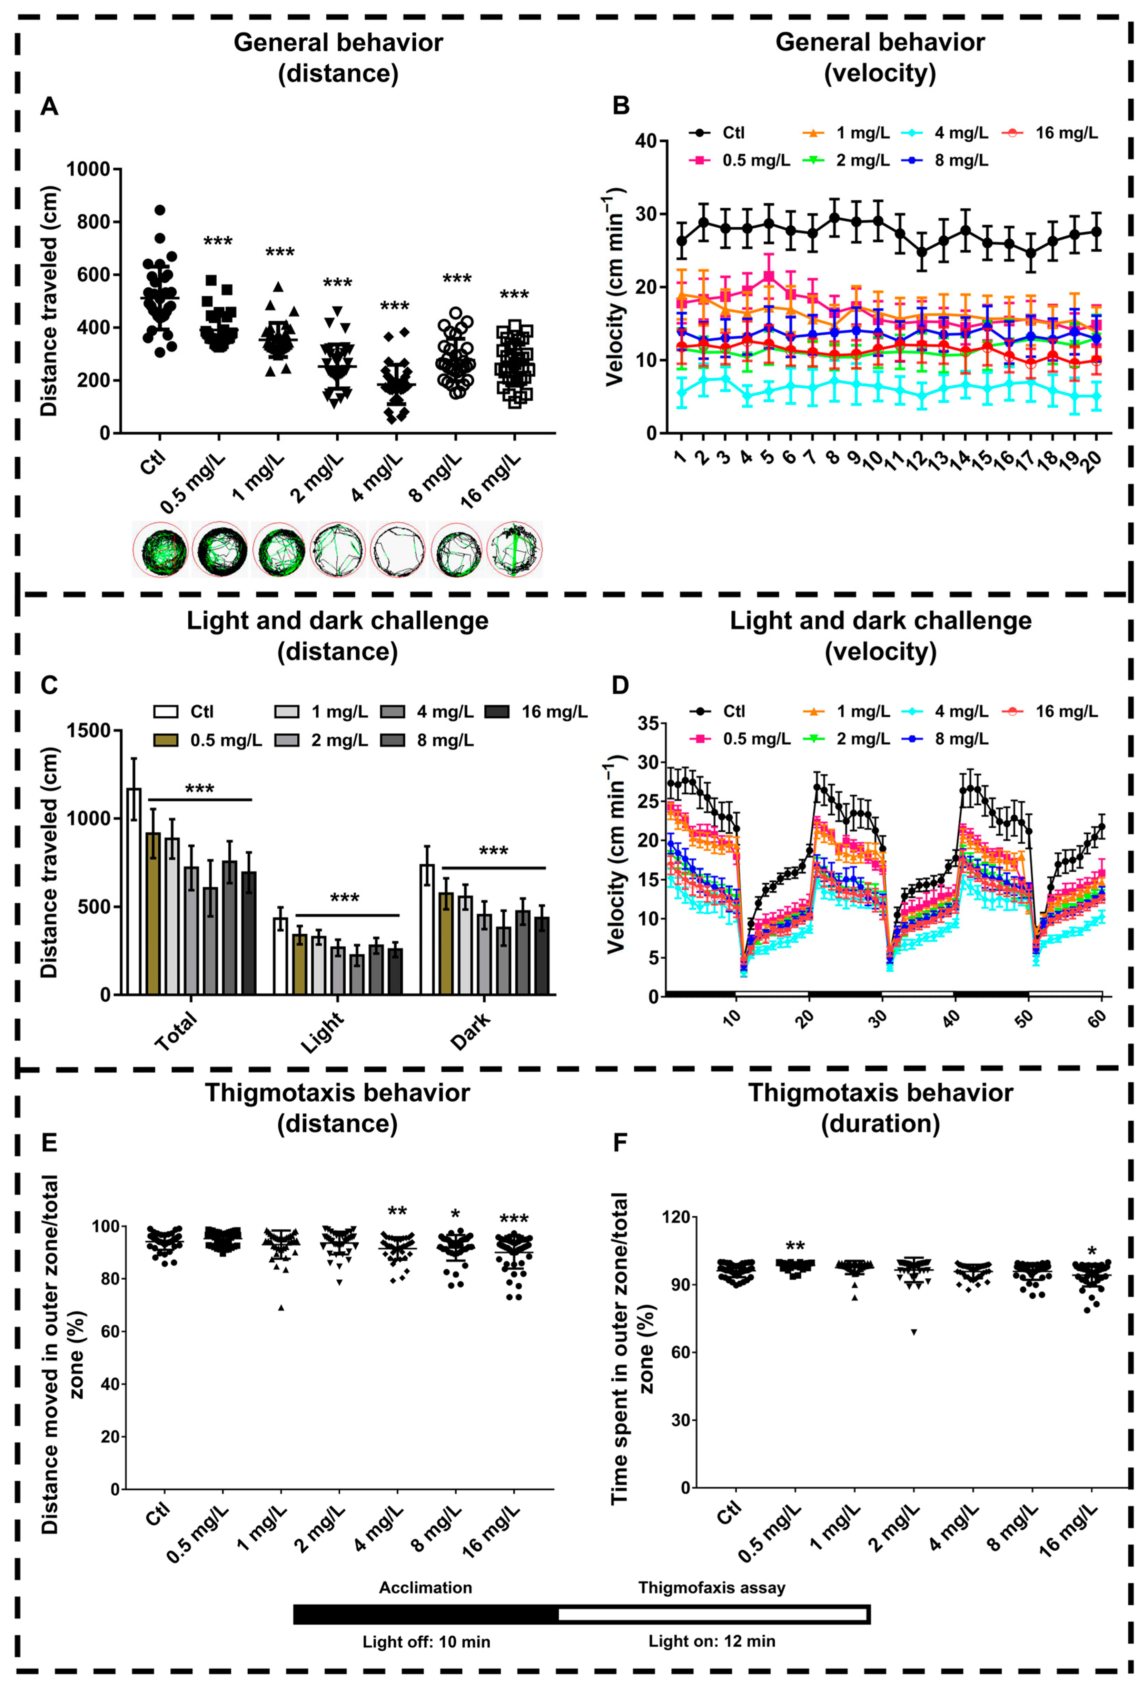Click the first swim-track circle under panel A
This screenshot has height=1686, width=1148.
click(x=160, y=549)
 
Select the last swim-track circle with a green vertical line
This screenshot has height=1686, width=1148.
click(x=514, y=549)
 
